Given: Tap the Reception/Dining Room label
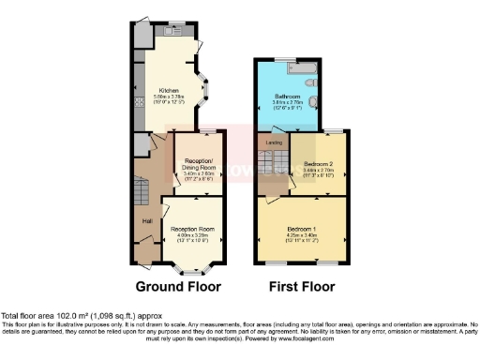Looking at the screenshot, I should [x=200, y=163].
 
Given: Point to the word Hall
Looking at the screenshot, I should [x=147, y=220].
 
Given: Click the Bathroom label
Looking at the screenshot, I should [x=287, y=97].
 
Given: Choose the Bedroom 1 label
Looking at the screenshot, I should [x=302, y=229].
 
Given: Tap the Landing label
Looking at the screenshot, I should [x=275, y=142].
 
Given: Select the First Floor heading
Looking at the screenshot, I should [x=302, y=286].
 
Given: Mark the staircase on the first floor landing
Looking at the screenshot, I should [x=273, y=169].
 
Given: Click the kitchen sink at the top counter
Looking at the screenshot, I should [x=176, y=31].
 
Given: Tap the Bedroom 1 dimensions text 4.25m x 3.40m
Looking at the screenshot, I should [x=302, y=235].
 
